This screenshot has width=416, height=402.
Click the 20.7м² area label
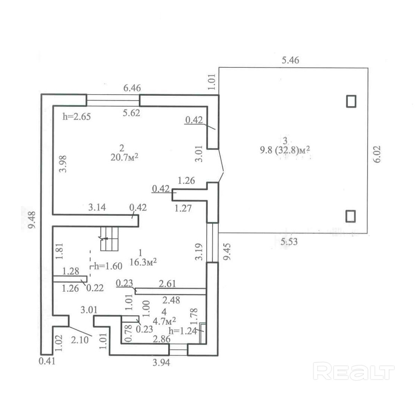click(x=125, y=157)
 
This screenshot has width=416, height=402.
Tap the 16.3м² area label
click(x=143, y=262)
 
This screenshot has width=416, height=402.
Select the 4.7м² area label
click(x=164, y=321)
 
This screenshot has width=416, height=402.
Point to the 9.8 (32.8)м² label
click(x=285, y=150)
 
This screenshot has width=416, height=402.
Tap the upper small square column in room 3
click(x=351, y=101)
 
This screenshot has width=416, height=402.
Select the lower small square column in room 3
click(x=350, y=216)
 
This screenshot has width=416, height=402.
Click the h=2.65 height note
click(x=77, y=116)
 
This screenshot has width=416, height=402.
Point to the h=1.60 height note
click(x=108, y=266)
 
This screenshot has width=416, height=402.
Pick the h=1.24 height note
click(x=183, y=331)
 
